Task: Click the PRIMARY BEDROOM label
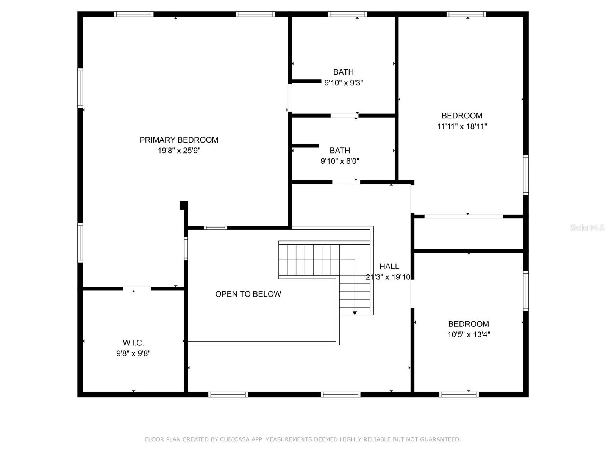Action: pos(179,140)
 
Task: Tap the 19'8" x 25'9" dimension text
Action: pos(179,151)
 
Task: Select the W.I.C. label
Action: pos(133,343)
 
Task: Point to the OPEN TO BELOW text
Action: pos(248,294)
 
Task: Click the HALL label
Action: pos(389,266)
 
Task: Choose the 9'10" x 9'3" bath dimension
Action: pos(344,83)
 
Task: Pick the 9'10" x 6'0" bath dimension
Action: pos(340,161)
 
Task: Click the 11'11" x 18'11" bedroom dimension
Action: pos(462,126)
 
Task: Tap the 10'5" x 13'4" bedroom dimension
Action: pos(469,334)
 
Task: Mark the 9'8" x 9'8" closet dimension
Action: pos(133,353)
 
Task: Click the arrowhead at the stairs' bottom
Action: pos(355,313)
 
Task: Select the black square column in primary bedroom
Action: pos(184,206)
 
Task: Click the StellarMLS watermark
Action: pos(587,227)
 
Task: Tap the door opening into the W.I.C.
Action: pos(137,289)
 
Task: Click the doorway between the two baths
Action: pos(344,116)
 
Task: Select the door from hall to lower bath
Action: pos(346,182)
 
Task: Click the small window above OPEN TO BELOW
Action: pos(216,228)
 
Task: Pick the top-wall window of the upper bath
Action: pos(348,14)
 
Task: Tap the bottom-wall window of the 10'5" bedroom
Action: pos(459,395)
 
